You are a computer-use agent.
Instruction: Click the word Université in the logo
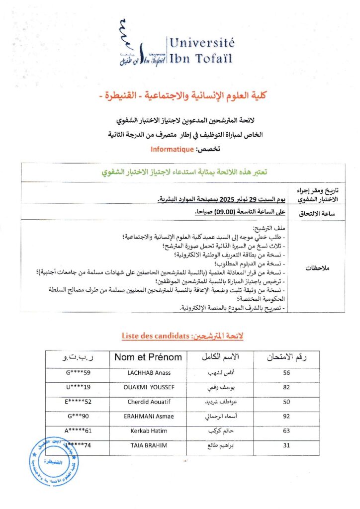[202, 43]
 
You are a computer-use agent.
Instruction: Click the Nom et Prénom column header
[148, 357]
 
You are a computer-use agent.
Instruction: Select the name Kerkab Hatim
[148, 431]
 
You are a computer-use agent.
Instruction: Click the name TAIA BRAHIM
[148, 445]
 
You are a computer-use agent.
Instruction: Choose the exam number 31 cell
[286, 445]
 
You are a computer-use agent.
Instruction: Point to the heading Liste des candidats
[155, 337]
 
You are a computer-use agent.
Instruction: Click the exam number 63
[286, 431]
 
